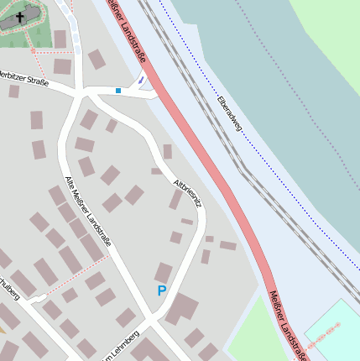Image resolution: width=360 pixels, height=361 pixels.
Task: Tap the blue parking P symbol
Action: tap(162, 290)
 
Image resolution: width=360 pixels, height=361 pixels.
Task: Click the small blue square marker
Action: tap(118, 90)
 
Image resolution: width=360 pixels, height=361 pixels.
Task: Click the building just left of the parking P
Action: tap(164, 272)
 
